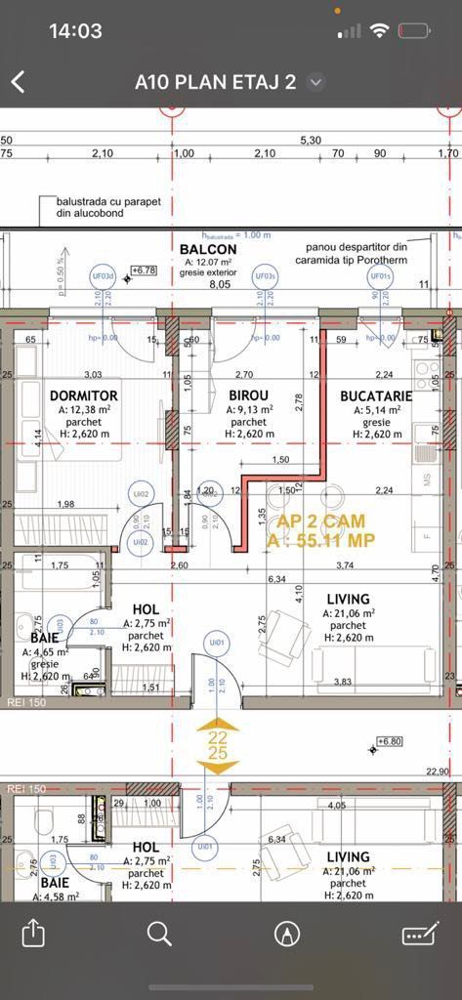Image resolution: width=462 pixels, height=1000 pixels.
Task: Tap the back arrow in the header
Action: tap(18, 82)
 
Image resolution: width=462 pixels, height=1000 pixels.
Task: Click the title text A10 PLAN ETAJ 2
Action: tap(215, 83)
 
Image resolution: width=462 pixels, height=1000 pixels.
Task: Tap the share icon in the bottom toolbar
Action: tap(33, 934)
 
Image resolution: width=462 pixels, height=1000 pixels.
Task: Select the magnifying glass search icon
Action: tap(159, 934)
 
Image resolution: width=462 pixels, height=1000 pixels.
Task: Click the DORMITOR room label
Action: tap(83, 396)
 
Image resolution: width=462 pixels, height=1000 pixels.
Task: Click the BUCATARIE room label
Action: tap(376, 396)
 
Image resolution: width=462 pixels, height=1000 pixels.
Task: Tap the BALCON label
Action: tap(208, 249)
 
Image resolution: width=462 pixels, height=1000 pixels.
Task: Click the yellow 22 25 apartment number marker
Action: tap(218, 746)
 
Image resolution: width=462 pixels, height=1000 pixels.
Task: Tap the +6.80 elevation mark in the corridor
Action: tap(391, 741)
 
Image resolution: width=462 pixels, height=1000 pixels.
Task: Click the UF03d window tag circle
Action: tap(104, 276)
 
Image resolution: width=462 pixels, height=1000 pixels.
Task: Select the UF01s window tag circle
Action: tap(379, 276)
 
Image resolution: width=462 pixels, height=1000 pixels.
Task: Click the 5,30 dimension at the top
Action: tap(311, 141)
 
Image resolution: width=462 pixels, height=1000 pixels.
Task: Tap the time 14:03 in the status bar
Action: tap(75, 31)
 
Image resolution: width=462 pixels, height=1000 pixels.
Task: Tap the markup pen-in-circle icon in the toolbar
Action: tap(286, 934)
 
